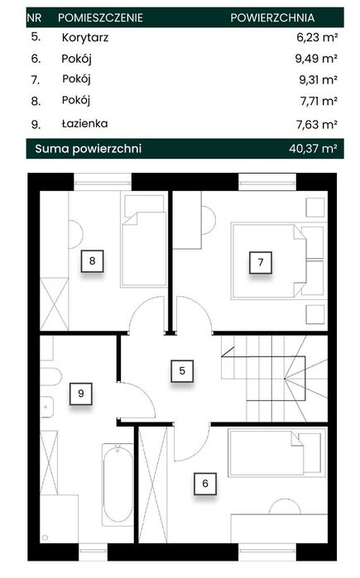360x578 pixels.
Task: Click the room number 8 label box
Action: [x=92, y=261]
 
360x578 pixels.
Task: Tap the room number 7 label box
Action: [x=261, y=262]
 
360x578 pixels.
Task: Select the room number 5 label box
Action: [x=182, y=370]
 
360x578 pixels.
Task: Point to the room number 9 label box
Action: [x=81, y=394]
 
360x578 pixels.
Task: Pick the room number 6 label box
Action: [x=205, y=484]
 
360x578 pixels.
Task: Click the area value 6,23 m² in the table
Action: [x=317, y=37]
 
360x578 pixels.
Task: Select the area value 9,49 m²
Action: [x=316, y=59]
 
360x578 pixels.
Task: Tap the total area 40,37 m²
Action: [x=313, y=149]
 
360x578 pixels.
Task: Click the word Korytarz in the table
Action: [x=85, y=37]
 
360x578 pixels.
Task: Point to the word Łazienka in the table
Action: [x=84, y=123]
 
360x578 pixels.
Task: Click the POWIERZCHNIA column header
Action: [x=272, y=17]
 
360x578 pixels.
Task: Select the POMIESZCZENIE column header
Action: [x=100, y=17]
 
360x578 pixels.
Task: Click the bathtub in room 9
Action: [x=118, y=485]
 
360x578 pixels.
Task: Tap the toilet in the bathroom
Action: [x=50, y=376]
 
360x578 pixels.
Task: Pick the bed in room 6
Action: [x=277, y=453]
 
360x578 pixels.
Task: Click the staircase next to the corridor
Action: [x=274, y=379]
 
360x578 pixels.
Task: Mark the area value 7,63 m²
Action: [x=317, y=124]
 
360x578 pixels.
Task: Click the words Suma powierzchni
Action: [x=89, y=149]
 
